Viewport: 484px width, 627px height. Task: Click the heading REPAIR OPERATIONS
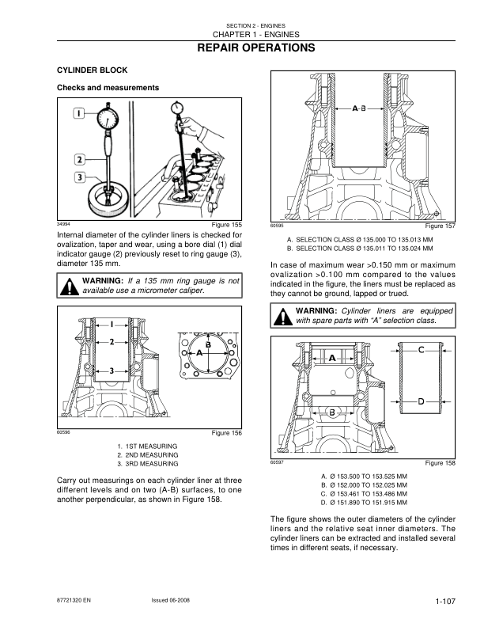[x=242, y=49]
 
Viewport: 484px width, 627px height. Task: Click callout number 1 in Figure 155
[x=80, y=114]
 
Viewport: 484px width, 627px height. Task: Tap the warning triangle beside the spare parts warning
[x=282, y=317]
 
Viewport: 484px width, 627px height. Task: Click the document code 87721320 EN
[x=75, y=602]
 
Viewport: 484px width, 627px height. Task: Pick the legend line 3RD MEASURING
[x=147, y=464]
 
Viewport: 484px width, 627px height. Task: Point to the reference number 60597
[x=277, y=462]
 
